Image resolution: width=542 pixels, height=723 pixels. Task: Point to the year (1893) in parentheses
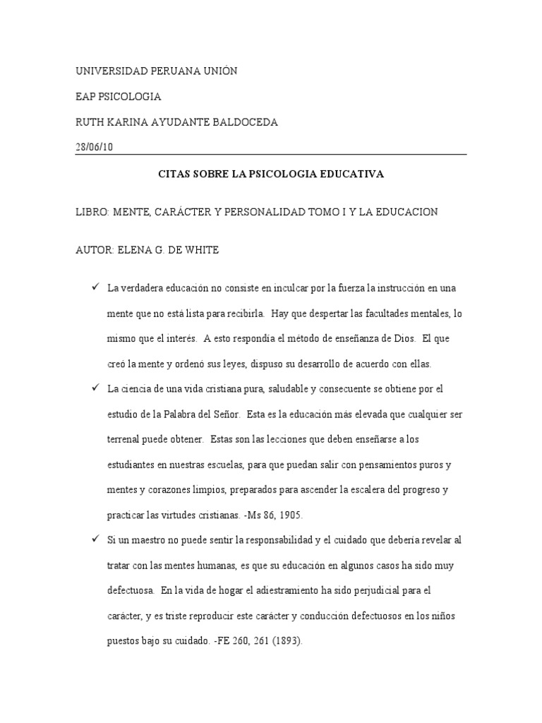(x=289, y=642)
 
